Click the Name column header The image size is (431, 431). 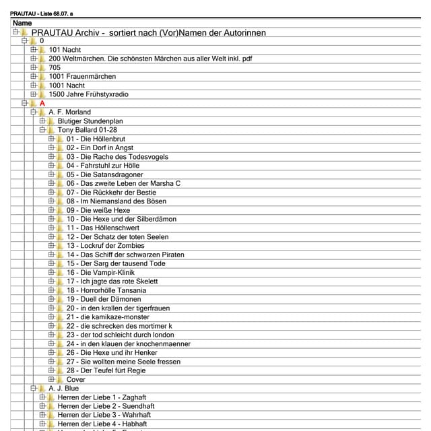click(22, 23)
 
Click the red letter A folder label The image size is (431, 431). click(42, 103)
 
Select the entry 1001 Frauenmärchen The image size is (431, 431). click(82, 77)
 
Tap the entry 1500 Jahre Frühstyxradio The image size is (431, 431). click(88, 94)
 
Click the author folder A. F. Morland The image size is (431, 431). click(69, 112)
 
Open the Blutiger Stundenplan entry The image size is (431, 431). click(90, 121)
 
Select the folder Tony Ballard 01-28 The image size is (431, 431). click(87, 130)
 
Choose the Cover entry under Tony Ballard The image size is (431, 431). click(76, 379)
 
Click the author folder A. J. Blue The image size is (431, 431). click(63, 389)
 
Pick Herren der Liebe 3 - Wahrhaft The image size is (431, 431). click(104, 415)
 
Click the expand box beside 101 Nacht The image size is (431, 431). click(33, 50)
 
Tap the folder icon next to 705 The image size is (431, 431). click(42, 67)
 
